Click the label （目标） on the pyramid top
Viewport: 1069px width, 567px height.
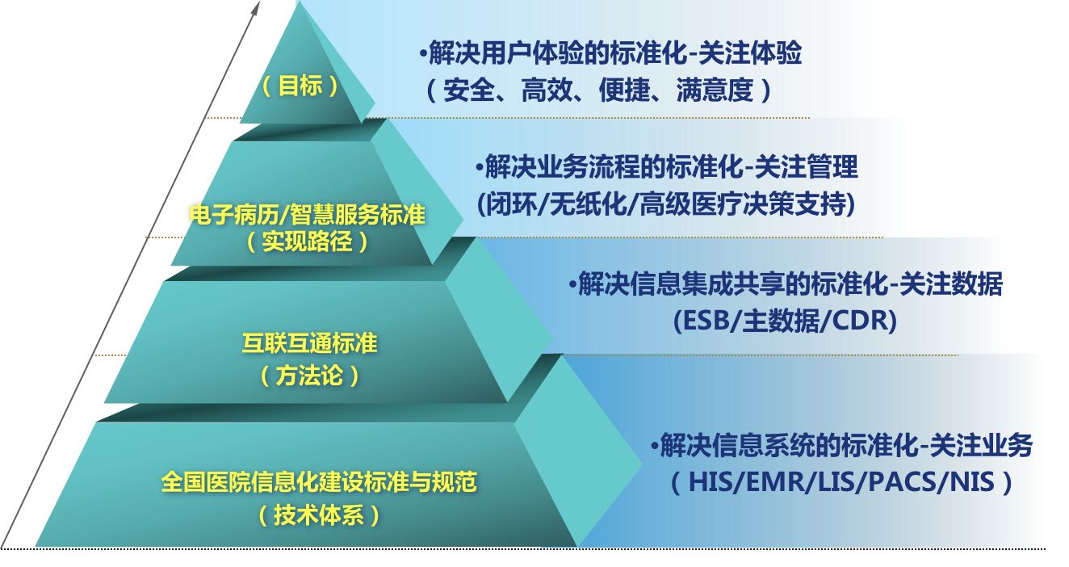coord(300,86)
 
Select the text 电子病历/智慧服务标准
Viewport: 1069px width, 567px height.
coord(307,215)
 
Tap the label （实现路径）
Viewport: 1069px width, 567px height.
coord(307,241)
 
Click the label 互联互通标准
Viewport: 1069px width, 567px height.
coord(310,343)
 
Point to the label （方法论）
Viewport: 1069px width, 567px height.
coord(310,375)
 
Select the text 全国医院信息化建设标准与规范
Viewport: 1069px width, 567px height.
coord(319,483)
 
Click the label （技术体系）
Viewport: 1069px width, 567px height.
coord(319,515)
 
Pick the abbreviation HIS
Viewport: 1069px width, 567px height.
coord(708,482)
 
